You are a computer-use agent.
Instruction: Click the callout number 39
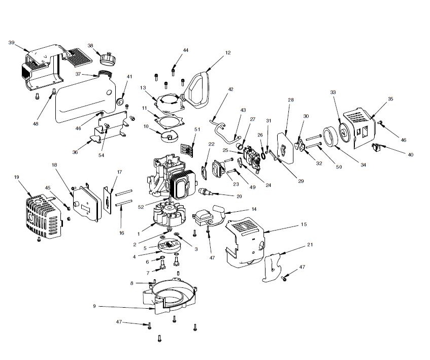11,43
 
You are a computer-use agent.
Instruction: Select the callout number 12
228,52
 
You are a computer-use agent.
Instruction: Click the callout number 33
333,92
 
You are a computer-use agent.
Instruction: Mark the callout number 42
230,89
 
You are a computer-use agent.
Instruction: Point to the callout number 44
186,50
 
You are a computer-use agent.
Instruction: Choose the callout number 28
291,100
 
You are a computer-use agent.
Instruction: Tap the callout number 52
141,206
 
